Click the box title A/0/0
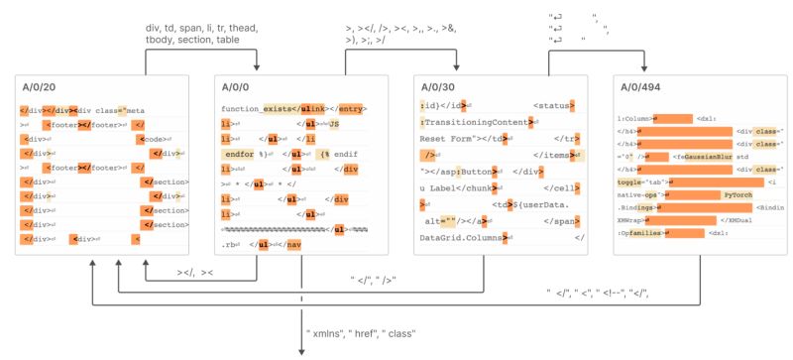[x=234, y=88]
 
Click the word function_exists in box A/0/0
[x=255, y=108]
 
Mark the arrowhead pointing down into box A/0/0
[x=257, y=67]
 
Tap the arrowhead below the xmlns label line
[x=301, y=349]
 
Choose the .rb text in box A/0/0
[x=229, y=243]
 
